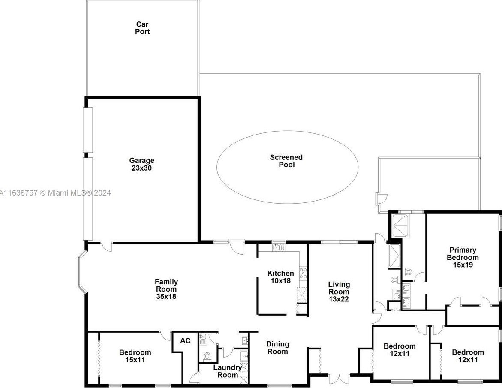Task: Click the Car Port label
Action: tap(142, 28)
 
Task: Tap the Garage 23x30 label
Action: tap(141, 164)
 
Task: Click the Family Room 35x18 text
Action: tap(166, 289)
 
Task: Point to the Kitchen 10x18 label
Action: tap(280, 277)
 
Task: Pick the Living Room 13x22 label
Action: tap(339, 292)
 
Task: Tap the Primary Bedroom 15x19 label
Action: tap(463, 257)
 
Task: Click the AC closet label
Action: tap(185, 340)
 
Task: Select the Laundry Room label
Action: tap(227, 371)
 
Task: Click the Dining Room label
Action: tap(277, 348)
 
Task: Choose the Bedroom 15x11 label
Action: tap(135, 356)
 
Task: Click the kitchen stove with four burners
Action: tap(303, 273)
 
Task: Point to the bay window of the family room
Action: tap(81, 272)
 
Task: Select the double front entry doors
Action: tap(340, 378)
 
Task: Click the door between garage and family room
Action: tap(107, 247)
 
